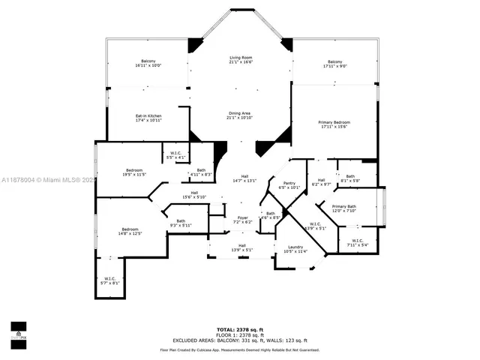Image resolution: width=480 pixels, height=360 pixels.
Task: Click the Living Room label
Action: click(240, 60)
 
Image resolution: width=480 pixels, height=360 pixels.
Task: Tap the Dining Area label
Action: click(240, 115)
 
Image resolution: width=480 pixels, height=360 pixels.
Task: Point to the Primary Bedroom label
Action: click(334, 124)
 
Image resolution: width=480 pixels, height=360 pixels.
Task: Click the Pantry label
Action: click(288, 185)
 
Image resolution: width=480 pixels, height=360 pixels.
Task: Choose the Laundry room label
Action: click(295, 249)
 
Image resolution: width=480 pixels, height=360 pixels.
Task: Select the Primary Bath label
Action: click(344, 208)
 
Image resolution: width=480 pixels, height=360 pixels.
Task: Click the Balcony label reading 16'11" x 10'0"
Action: click(148, 63)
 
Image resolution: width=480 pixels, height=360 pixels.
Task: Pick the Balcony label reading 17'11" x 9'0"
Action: click(334, 64)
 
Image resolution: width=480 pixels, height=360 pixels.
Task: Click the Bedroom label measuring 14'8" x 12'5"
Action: click(128, 231)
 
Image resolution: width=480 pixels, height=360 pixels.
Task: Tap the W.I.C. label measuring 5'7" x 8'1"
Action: click(109, 280)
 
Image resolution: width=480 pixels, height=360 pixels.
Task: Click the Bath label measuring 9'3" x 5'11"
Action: click(181, 223)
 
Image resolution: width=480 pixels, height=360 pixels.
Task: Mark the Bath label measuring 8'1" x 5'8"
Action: click(350, 178)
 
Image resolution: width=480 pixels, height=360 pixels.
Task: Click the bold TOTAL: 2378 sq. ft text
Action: click(239, 329)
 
